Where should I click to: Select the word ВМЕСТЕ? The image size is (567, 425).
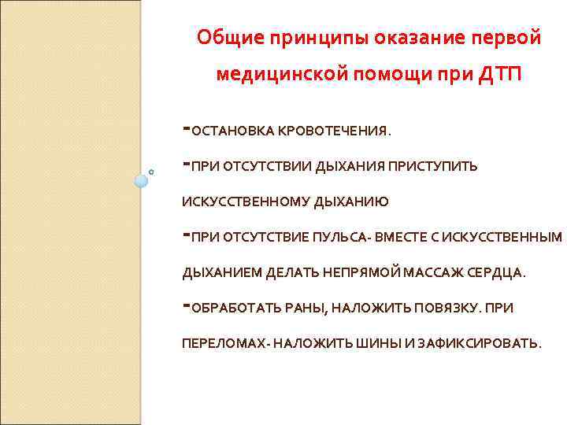coord(402,237)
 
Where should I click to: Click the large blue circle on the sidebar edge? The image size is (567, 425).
coord(141,180)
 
